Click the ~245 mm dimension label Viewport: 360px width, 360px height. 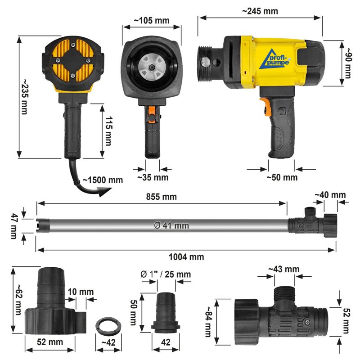point(260,11)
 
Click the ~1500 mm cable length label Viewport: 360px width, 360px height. point(102,180)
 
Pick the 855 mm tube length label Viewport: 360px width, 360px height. point(161,197)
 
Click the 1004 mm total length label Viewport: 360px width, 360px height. point(186,257)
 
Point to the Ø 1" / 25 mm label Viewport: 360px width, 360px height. point(165,274)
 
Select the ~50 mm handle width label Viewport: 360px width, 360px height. point(282,177)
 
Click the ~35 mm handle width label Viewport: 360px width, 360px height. point(153,177)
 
